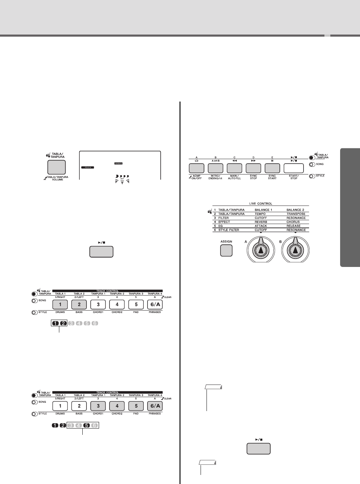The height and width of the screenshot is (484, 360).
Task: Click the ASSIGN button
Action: pyautogui.click(x=226, y=251)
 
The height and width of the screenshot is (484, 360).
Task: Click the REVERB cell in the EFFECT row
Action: pyautogui.click(x=261, y=222)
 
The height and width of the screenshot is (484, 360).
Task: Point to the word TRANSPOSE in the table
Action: pyautogui.click(x=296, y=214)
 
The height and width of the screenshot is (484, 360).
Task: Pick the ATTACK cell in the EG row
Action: pyautogui.click(x=261, y=226)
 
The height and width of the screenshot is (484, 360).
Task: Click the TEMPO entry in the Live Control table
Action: pyautogui.click(x=260, y=214)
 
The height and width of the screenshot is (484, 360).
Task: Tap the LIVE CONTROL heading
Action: pyautogui.click(x=261, y=203)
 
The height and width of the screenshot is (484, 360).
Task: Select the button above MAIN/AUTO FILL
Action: pyautogui.click(x=234, y=169)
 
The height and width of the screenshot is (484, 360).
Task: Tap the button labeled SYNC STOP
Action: pyautogui.click(x=253, y=169)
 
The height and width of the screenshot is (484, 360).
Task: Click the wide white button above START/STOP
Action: pyautogui.click(x=293, y=169)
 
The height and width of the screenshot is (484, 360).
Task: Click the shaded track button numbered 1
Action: pyautogui.click(x=60, y=305)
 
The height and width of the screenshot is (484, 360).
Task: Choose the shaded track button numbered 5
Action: pyautogui.click(x=136, y=406)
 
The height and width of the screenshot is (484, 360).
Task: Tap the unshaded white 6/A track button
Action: pyautogui.click(x=155, y=305)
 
